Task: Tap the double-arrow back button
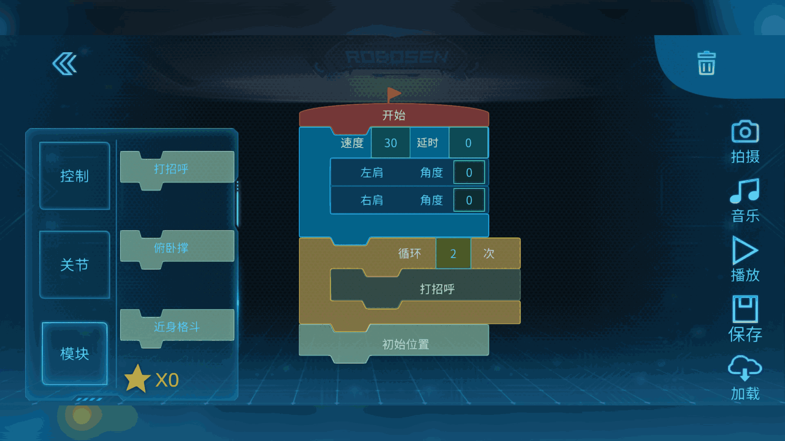tap(65, 64)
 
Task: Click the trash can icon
tap(706, 63)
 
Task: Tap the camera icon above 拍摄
tap(745, 131)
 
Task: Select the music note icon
tap(745, 191)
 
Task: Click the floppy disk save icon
tap(745, 309)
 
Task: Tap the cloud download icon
tap(745, 367)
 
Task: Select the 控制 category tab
tap(74, 176)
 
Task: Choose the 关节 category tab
tap(74, 265)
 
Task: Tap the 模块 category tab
tap(74, 353)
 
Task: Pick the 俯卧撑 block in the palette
tap(177, 247)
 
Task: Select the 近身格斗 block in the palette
tap(177, 326)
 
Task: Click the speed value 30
tap(390, 143)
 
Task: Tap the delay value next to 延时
tap(468, 143)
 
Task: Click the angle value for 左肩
tap(469, 173)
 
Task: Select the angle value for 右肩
tap(469, 200)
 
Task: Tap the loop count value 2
tap(453, 254)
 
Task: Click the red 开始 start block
tap(394, 116)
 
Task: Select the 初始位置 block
tap(405, 344)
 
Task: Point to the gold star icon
tap(137, 379)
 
